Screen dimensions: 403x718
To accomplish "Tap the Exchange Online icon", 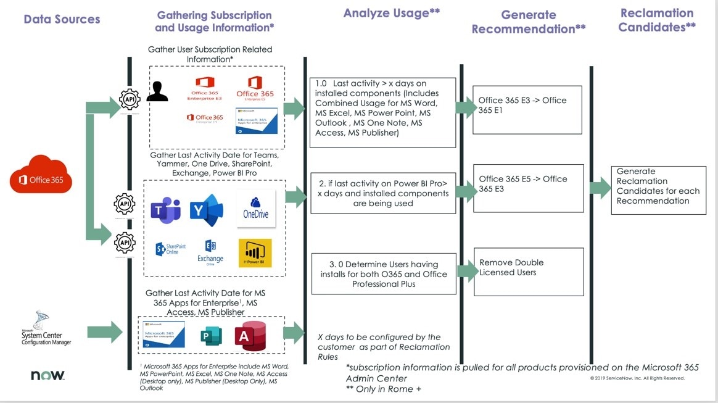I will click(210, 252).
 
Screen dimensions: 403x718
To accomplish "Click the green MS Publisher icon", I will click(210, 336).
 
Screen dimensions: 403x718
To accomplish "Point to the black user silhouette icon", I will click(157, 91).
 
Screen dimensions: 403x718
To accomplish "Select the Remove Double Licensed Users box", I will click(528, 272).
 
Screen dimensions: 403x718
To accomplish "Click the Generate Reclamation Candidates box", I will click(658, 189).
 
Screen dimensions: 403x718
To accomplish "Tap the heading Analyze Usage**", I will click(391, 14).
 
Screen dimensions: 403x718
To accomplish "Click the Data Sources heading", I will click(62, 19).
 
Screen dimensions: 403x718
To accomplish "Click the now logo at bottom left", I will click(47, 375).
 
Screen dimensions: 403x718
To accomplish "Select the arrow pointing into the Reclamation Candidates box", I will click(598, 187).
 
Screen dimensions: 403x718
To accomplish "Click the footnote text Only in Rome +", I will click(384, 389).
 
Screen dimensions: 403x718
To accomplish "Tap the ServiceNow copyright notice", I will click(637, 378).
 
